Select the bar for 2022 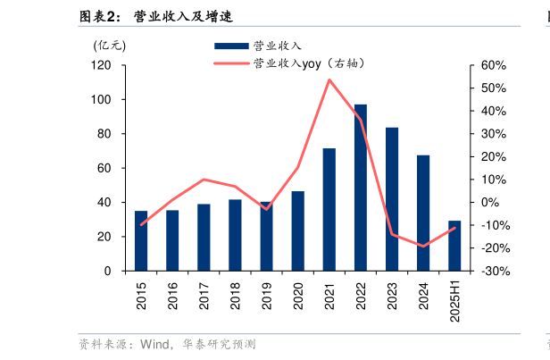pyautogui.click(x=361, y=188)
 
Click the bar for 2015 pyautogui.click(x=141, y=240)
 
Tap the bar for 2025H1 pyautogui.click(x=454, y=246)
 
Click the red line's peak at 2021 pyautogui.click(x=329, y=80)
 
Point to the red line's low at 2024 pyautogui.click(x=423, y=247)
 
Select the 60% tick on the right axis pyautogui.click(x=494, y=66)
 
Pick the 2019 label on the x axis pyautogui.click(x=266, y=296)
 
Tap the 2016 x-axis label pyautogui.click(x=172, y=296)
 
